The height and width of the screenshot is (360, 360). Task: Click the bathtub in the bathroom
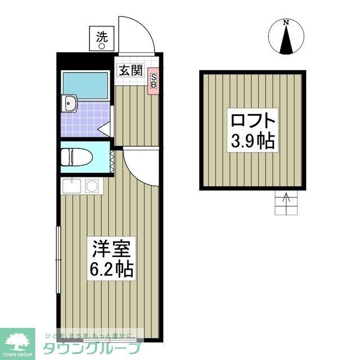point(85,84)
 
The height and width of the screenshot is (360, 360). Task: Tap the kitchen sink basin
point(71,186)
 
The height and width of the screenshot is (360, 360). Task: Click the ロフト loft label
point(253,121)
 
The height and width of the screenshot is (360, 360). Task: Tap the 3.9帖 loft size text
point(253,141)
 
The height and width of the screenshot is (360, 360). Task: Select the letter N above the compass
point(287,22)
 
